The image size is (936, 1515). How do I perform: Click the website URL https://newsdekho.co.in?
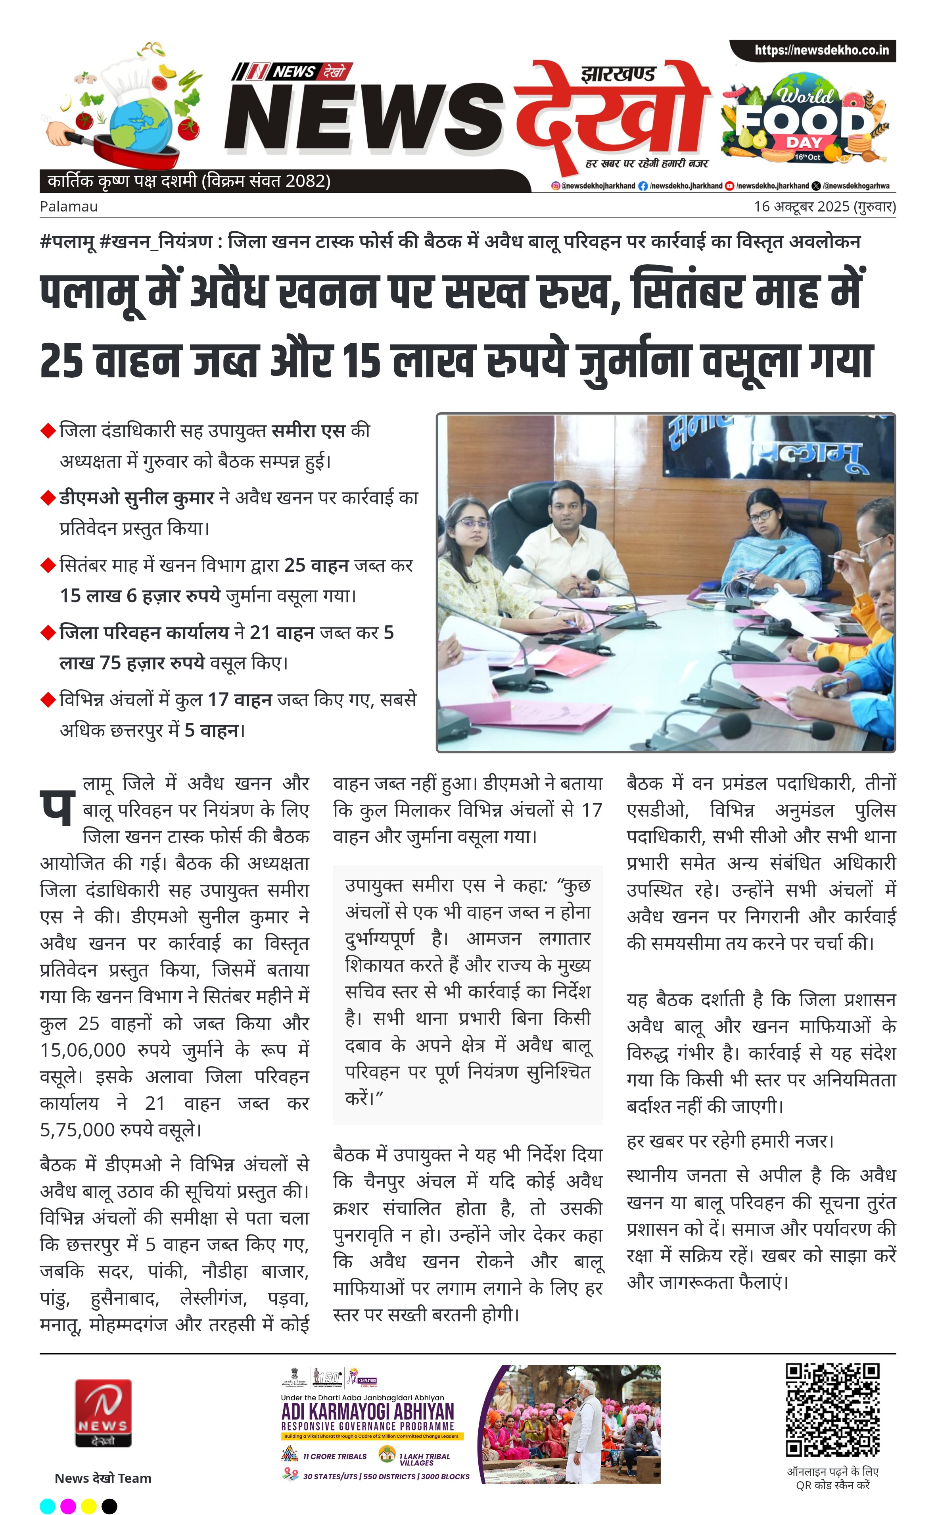[x=821, y=50]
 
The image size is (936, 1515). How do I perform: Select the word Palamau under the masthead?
[x=69, y=206]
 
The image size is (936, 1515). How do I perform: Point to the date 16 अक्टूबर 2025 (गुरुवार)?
[x=824, y=206]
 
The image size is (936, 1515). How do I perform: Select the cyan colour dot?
[x=47, y=1506]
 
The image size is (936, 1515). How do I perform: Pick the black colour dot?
[x=109, y=1506]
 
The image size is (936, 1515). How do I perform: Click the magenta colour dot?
[x=68, y=1506]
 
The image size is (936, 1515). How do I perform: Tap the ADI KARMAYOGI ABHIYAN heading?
[x=368, y=1411]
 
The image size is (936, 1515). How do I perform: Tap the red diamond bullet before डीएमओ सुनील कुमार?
[x=48, y=497]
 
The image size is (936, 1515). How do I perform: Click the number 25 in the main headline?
[x=61, y=361]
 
